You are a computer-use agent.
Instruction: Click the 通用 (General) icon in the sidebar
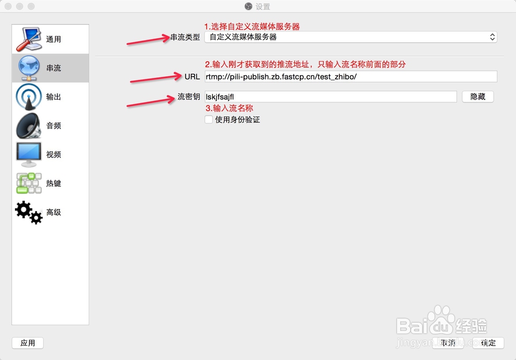pyautogui.click(x=28, y=39)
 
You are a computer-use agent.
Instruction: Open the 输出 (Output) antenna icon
pyautogui.click(x=28, y=97)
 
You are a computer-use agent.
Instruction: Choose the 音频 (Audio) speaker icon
pyautogui.click(x=28, y=126)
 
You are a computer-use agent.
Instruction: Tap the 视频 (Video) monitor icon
pyautogui.click(x=28, y=154)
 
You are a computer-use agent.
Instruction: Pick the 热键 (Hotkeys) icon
pyautogui.click(x=28, y=183)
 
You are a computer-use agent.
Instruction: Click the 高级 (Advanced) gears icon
pyautogui.click(x=28, y=212)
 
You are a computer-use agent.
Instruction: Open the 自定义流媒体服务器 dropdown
pyautogui.click(x=350, y=37)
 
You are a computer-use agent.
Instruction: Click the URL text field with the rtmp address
pyautogui.click(x=350, y=76)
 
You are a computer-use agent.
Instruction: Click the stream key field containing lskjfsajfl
pyautogui.click(x=330, y=97)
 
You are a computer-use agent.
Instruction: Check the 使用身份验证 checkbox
pyautogui.click(x=209, y=120)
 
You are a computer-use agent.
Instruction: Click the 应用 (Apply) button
pyautogui.click(x=28, y=343)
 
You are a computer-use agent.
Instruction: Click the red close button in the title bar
pyautogui.click(x=8, y=7)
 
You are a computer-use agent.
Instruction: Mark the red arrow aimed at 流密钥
pyautogui.click(x=150, y=101)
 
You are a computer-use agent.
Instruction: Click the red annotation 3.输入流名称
pyautogui.click(x=229, y=108)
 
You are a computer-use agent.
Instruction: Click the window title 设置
pyautogui.click(x=263, y=7)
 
